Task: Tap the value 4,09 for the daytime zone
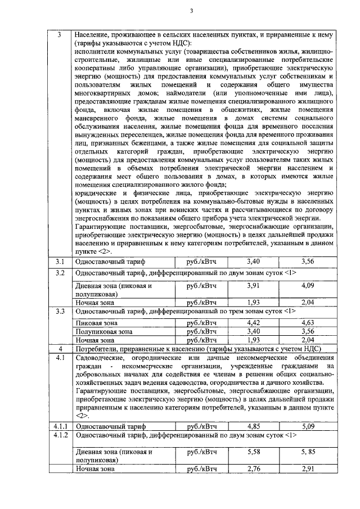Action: coord(307,285)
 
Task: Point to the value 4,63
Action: coord(307,323)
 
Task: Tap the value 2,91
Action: coord(307,469)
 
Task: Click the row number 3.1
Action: coord(60,262)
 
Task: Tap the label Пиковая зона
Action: coord(97,323)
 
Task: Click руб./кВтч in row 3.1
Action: coord(201,262)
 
